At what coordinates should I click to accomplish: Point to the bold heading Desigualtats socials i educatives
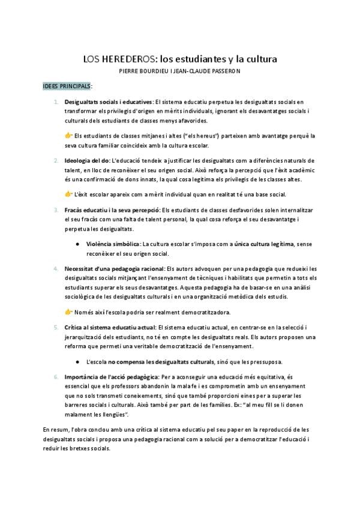pos(108,102)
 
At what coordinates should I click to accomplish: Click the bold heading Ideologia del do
pos(87,160)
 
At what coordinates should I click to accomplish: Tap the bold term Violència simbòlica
pos(113,244)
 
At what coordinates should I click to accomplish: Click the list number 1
pos(56,102)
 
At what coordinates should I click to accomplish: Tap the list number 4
pos(56,268)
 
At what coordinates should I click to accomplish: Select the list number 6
pos(56,376)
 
